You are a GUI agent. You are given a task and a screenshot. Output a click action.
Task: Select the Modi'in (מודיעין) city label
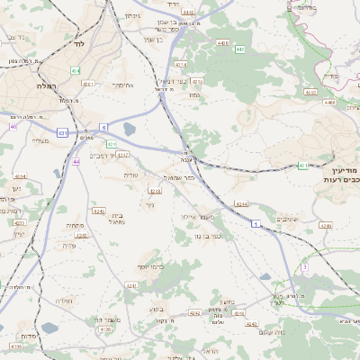pos(343,170)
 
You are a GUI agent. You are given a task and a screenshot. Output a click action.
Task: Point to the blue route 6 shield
pos(103,128)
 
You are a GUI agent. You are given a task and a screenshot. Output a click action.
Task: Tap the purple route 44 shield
pos(76,162)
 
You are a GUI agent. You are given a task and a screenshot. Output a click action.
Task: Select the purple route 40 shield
pos(13,127)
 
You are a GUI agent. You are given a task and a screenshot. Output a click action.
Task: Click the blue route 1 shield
pos(256,221)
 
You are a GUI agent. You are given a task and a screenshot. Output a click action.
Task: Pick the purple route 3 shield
pos(305,267)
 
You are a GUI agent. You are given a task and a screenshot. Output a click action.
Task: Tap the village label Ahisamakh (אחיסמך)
pos(123,85)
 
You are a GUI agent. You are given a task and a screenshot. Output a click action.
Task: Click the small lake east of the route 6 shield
pos(130,129)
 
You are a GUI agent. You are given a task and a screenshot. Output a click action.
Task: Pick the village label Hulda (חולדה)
pos(64,301)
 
